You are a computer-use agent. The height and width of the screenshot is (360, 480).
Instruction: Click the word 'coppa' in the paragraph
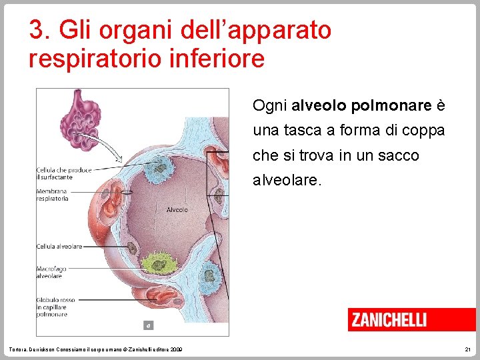[423, 131]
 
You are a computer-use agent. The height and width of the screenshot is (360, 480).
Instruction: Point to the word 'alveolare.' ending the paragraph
[287, 180]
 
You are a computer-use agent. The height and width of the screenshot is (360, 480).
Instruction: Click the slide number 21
[466, 350]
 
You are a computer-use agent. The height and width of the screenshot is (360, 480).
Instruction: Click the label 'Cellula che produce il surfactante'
[63, 173]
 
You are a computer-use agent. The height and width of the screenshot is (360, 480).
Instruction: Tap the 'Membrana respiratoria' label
[53, 195]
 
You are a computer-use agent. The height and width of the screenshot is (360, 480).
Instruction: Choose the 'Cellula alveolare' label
[59, 246]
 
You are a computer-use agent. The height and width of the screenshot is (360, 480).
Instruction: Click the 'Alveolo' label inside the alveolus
[177, 210]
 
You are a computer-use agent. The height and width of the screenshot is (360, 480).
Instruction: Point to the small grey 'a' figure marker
[149, 326]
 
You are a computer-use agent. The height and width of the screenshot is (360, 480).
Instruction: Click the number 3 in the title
[37, 30]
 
